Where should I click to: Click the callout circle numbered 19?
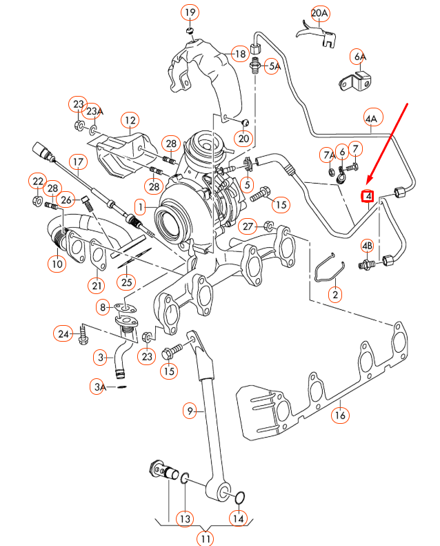[x=190, y=12]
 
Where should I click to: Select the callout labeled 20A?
[x=321, y=13]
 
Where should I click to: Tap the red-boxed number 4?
[x=369, y=197]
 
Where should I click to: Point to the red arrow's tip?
[x=366, y=186]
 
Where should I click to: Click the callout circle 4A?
[x=372, y=119]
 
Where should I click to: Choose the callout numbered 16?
[x=339, y=416]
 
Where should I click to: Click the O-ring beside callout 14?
[x=239, y=498]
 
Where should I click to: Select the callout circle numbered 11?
[x=206, y=538]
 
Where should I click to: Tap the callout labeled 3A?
[x=99, y=387]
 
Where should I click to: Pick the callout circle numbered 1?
[x=140, y=206]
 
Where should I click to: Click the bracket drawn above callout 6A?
[x=354, y=81]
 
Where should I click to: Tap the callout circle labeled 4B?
[x=367, y=246]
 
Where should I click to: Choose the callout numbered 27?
[x=248, y=226]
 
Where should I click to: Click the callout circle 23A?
[x=94, y=110]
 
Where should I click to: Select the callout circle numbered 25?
[x=125, y=282]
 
